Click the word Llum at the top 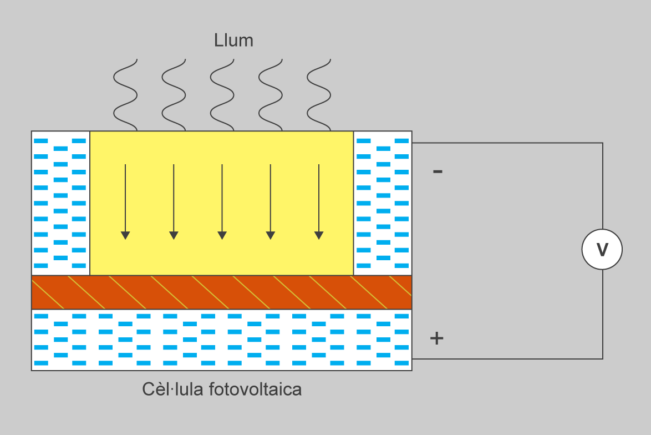tap(233, 41)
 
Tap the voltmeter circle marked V tap(602, 250)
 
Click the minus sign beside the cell tap(438, 171)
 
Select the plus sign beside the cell tap(437, 338)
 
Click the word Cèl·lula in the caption tap(174, 390)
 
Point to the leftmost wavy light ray tap(125, 95)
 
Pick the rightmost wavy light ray tap(319, 95)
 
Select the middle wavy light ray tap(222, 95)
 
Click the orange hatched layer tap(222, 292)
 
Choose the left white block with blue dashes tap(60, 203)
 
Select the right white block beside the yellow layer tap(383, 203)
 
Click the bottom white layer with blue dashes tap(222, 340)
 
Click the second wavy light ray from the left tap(174, 95)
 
